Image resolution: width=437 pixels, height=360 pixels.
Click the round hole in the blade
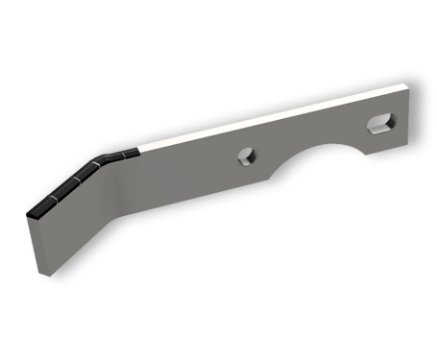[x=247, y=157]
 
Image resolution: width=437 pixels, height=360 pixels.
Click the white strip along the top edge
[x=269, y=117]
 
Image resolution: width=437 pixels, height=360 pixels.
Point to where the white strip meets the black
[x=141, y=148]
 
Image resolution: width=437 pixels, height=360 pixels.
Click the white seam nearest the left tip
[x=52, y=199]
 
